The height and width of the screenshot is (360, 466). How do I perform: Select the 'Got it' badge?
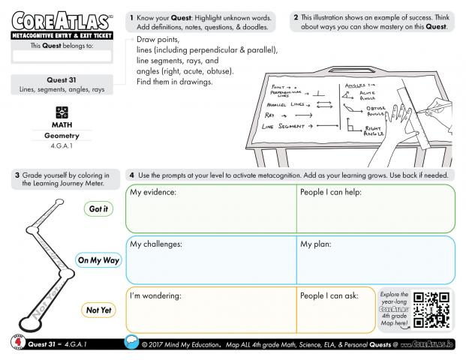pyautogui.click(x=98, y=209)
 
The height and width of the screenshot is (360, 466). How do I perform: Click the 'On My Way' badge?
pyautogui.click(x=98, y=260)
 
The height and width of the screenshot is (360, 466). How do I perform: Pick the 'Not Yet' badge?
pyautogui.click(x=98, y=309)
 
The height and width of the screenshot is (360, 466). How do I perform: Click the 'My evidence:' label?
pyautogui.click(x=153, y=193)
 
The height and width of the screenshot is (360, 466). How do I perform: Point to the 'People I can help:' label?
pyautogui.click(x=331, y=193)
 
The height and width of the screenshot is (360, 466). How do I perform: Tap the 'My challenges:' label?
pyautogui.click(x=156, y=244)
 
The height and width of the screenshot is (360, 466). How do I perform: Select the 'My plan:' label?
pyautogui.click(x=317, y=244)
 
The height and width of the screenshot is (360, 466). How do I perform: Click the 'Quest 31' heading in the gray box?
pyautogui.click(x=58, y=80)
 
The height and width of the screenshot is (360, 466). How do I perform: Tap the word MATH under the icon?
pyautogui.click(x=58, y=124)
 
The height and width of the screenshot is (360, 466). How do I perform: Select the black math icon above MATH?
pyautogui.click(x=58, y=111)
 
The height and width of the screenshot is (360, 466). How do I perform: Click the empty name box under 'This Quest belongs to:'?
pyautogui.click(x=58, y=55)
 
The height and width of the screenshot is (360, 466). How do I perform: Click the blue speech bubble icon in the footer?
pyautogui.click(x=131, y=343)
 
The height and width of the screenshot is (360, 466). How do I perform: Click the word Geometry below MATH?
pyautogui.click(x=58, y=136)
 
